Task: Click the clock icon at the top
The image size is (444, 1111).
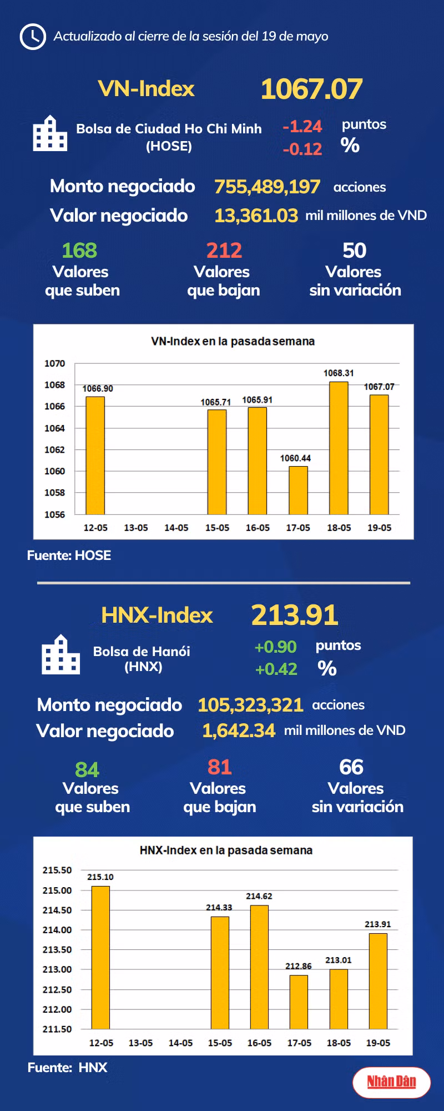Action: (x=33, y=37)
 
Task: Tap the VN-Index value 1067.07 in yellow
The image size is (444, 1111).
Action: (x=311, y=89)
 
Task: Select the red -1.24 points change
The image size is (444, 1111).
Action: (x=302, y=127)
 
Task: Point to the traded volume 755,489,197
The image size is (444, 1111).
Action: (x=267, y=187)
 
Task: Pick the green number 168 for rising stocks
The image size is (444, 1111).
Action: (x=79, y=251)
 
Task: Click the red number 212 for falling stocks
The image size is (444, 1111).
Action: (x=224, y=251)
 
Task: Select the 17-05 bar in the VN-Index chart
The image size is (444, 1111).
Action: (x=298, y=491)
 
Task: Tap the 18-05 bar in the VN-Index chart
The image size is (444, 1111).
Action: (x=339, y=448)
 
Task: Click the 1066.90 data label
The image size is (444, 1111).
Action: (x=98, y=389)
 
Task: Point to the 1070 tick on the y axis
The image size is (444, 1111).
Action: (x=54, y=363)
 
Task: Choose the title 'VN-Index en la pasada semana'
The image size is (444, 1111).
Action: (x=233, y=341)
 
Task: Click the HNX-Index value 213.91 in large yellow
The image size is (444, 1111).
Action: (x=295, y=615)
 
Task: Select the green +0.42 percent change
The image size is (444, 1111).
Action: (x=276, y=669)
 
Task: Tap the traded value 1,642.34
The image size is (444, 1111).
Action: (x=239, y=731)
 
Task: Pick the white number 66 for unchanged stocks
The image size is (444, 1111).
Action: (x=351, y=767)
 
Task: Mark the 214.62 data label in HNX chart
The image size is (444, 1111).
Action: (x=259, y=896)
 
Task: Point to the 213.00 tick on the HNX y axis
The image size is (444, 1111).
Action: (x=57, y=969)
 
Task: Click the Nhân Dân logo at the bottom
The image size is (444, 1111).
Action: (x=391, y=1082)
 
